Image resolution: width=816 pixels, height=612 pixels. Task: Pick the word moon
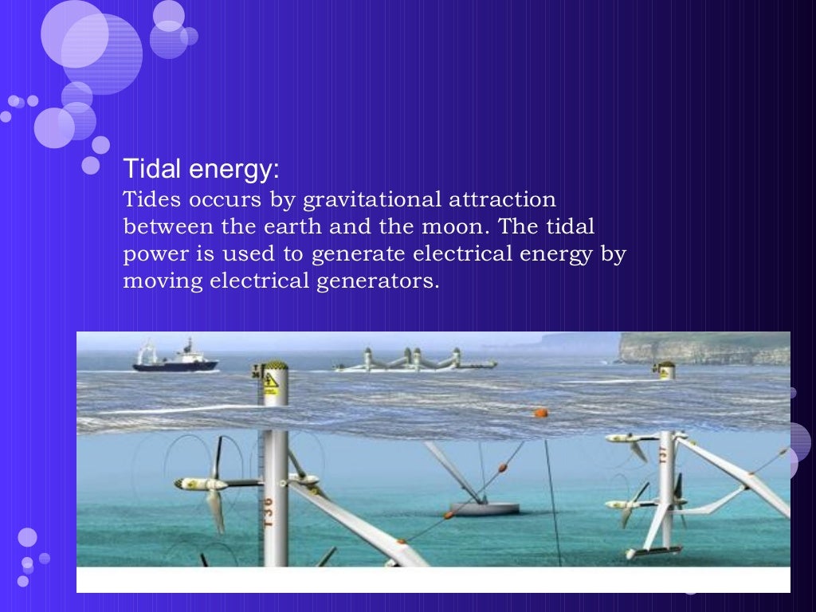[x=451, y=226]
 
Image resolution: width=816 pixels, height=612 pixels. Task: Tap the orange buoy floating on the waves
[x=540, y=413]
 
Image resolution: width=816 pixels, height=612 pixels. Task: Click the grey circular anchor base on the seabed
[x=484, y=508]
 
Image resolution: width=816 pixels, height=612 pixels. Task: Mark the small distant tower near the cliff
[x=664, y=370]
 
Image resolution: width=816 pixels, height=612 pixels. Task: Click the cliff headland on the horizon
[x=701, y=347]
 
